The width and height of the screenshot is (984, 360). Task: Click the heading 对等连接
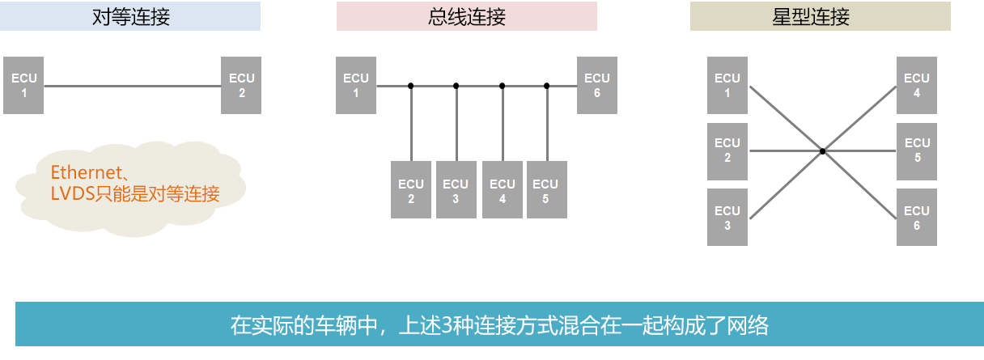(x=130, y=16)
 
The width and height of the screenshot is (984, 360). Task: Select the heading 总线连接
(x=466, y=16)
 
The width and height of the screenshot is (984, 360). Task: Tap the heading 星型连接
(x=820, y=16)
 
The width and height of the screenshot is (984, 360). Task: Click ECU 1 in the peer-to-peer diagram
(x=23, y=85)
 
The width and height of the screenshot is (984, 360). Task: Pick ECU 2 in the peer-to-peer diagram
(x=241, y=85)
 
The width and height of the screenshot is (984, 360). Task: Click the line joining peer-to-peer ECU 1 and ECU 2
(x=132, y=85)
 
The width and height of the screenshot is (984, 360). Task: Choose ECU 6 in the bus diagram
(x=596, y=85)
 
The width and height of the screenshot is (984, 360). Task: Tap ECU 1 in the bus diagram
(x=356, y=85)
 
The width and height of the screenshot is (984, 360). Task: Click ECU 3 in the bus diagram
(x=456, y=189)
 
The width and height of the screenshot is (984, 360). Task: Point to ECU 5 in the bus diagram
(x=546, y=189)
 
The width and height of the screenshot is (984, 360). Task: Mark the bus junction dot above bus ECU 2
(x=411, y=85)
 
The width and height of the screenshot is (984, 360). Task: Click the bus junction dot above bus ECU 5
(x=547, y=85)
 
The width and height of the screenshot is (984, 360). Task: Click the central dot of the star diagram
(x=822, y=150)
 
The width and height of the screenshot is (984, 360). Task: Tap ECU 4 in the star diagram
(x=916, y=85)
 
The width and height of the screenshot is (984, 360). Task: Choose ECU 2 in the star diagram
(x=727, y=150)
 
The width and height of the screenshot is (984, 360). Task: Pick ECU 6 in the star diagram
(x=916, y=218)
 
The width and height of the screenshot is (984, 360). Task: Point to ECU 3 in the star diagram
(x=727, y=218)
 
